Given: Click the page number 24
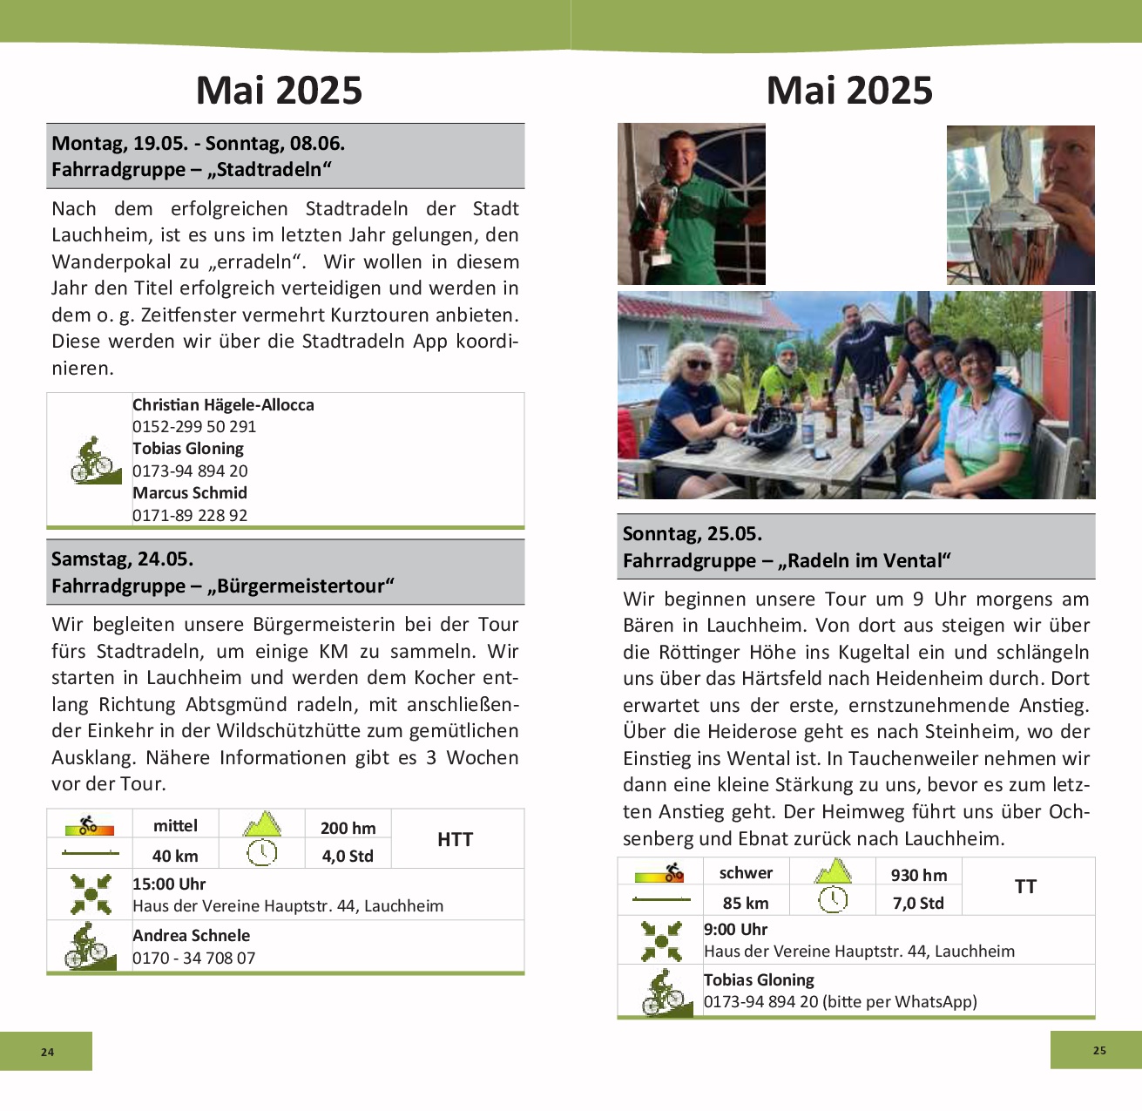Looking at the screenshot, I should coord(47,1052).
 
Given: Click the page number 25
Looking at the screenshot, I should coord(1099,1050).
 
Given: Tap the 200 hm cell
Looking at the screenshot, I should coord(348,828).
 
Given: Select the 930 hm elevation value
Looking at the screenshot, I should coord(918,875).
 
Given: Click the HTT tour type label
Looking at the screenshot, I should coord(455,839).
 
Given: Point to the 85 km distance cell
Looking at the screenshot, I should coord(746,903).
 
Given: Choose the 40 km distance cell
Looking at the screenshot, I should coord(175,856).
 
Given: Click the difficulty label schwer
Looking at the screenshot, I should coord(746,872).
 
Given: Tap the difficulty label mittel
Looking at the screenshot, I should coord(175,825).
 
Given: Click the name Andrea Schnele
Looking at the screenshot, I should coord(191,935).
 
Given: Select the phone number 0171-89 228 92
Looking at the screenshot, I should coord(190,515).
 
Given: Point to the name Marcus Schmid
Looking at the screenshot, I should coord(190,492).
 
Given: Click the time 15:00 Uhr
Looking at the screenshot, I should coord(169,884).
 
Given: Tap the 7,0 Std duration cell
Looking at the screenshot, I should coord(918,903).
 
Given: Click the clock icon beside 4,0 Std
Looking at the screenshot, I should coord(261,852).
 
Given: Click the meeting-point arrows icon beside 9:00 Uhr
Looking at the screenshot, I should coord(661,940).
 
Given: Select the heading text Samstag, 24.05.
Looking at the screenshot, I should coord(123,559).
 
